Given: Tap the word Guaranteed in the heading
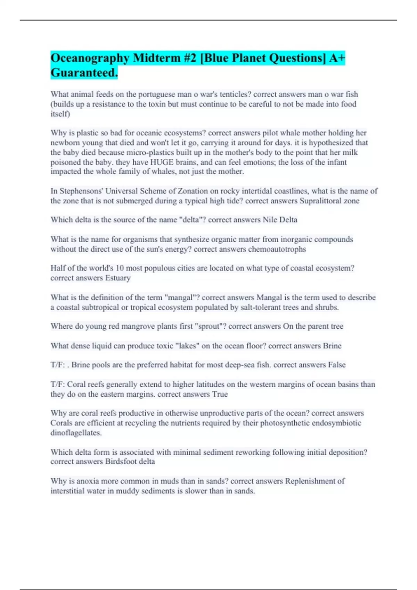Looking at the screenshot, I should pyautogui.click(x=83, y=73).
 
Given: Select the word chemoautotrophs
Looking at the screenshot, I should pyautogui.click(x=277, y=249).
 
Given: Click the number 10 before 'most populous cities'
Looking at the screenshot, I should pyautogui.click(x=120, y=268).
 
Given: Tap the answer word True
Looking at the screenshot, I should pyautogui.click(x=220, y=394).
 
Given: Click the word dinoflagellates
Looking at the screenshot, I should pyautogui.click(x=76, y=433).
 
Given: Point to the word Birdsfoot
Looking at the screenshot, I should pyautogui.click(x=119, y=462).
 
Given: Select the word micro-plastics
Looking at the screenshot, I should pyautogui.click(x=150, y=152).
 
